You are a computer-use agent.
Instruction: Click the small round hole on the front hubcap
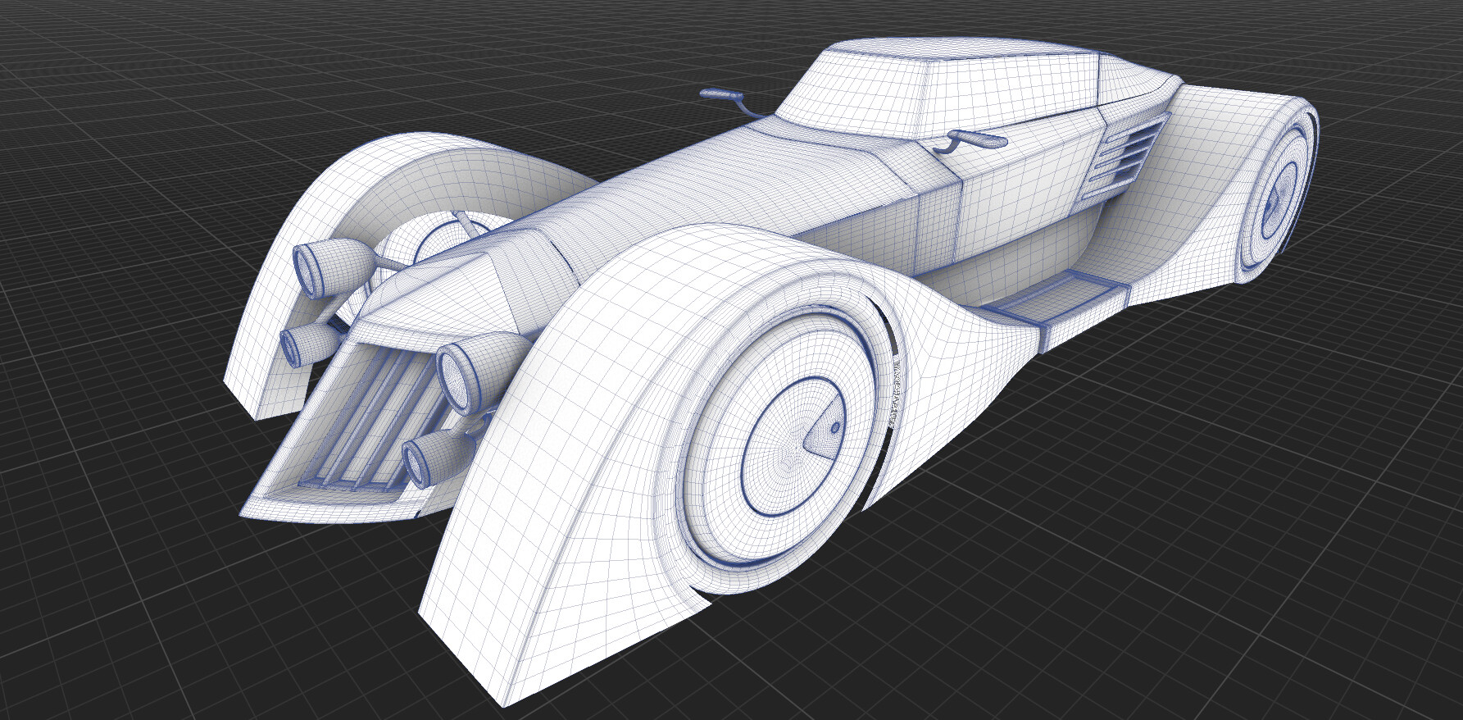pyautogui.click(x=834, y=427)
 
